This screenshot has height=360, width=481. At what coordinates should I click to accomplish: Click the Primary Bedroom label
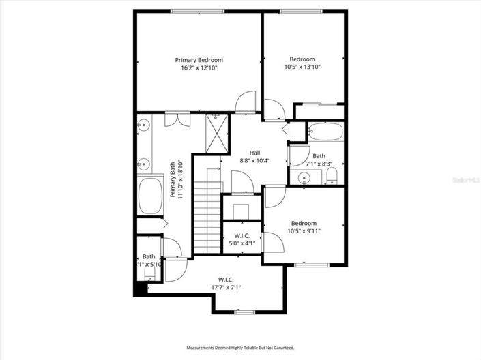pos(199,60)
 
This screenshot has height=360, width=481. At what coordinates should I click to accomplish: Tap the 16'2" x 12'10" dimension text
pos(199,68)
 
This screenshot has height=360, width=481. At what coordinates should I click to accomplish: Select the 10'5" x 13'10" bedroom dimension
pos(302,67)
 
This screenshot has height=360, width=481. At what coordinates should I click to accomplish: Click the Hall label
pos(254,153)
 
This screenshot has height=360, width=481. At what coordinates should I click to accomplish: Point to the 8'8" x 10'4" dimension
pos(254,160)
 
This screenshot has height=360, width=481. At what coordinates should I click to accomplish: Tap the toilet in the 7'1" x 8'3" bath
pos(332,177)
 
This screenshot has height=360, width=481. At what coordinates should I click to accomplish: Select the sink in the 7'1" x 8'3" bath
pos(306,178)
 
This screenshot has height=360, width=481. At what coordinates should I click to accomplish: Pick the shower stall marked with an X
pos(217,134)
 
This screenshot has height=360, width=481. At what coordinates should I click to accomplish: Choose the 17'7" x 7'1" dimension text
pos(226,287)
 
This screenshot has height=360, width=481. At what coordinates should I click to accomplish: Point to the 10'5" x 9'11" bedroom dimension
pos(304,231)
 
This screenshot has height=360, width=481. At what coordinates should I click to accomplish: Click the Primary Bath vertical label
pos(176,179)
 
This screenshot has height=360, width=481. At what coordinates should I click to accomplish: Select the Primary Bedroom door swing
pos(244,102)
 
